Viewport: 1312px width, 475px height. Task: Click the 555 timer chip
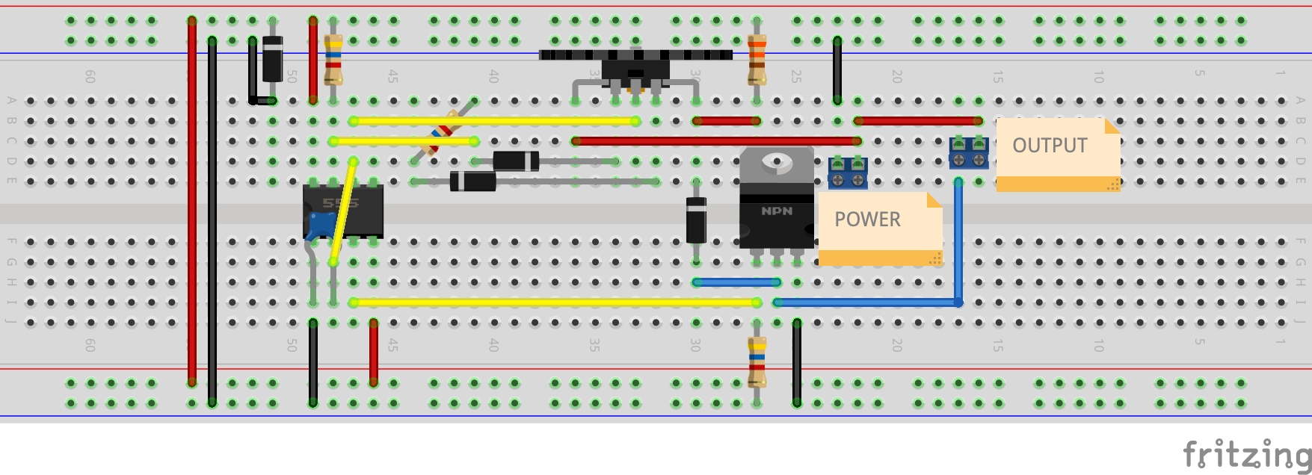(x=351, y=209)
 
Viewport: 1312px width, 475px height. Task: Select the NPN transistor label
(x=777, y=211)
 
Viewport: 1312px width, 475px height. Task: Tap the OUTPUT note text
(x=1050, y=145)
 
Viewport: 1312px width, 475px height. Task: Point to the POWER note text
(x=867, y=219)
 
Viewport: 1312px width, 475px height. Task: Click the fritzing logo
(x=1245, y=453)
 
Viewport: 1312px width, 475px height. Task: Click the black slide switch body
(x=635, y=70)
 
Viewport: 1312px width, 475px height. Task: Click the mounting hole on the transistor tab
(x=777, y=160)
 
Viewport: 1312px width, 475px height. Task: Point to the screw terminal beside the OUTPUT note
(x=969, y=152)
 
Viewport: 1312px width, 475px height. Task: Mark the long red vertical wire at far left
(x=192, y=202)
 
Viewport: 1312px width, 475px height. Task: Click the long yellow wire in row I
(x=553, y=302)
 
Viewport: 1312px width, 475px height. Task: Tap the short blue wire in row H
(x=736, y=282)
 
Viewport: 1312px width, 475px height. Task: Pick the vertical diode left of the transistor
(x=696, y=220)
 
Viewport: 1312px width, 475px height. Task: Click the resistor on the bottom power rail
(x=757, y=361)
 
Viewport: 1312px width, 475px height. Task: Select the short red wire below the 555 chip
(x=374, y=351)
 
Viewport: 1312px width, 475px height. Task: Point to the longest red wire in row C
(x=716, y=140)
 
